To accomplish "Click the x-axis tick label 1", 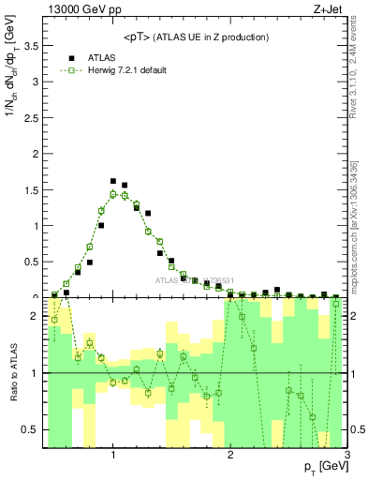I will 113,455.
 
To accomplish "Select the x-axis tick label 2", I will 230,455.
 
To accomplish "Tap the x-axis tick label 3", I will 346,455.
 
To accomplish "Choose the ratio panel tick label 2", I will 34,316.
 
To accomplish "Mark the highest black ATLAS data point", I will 113,181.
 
